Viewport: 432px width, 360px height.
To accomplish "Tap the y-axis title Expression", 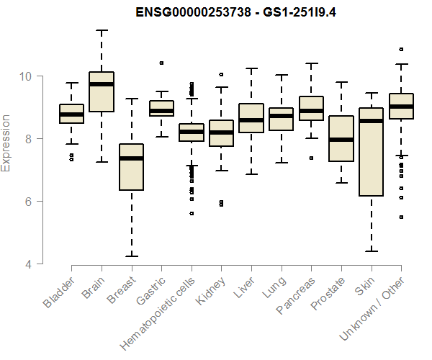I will [6, 143].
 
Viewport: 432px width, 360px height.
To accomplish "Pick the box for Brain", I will [102, 92].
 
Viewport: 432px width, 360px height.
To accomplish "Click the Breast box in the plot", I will [131, 167].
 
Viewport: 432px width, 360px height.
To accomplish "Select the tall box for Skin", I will [371, 152].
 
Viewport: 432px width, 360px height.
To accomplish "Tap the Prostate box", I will [341, 139].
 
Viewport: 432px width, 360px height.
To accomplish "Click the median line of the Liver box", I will [251, 120].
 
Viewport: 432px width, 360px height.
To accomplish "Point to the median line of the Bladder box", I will [71, 114].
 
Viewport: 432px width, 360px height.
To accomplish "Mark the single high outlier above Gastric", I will [161, 63].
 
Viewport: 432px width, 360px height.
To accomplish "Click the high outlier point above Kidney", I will [221, 74].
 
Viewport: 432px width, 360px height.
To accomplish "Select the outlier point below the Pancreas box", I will [311, 158].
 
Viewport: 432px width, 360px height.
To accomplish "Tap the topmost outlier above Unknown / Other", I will [401, 50].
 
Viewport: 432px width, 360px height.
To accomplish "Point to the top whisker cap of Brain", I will [102, 30].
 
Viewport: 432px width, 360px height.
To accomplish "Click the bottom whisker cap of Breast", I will [131, 256].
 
